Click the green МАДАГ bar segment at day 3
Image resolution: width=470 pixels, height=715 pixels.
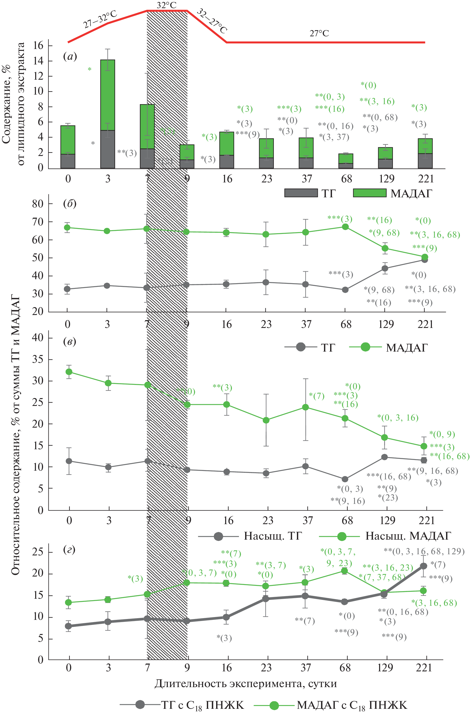click(108, 95)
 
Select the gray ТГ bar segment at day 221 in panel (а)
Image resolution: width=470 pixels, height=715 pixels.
click(425, 161)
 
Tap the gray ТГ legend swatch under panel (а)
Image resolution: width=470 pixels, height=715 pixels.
click(301, 193)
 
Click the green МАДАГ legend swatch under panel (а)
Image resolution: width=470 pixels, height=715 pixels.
click(370, 193)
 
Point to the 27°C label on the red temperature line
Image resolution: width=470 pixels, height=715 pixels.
click(319, 33)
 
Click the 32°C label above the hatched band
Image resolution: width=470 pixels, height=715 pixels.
click(166, 5)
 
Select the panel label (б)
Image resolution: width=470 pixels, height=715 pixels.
click(70, 204)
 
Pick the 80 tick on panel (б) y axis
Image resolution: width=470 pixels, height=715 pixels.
click(38, 204)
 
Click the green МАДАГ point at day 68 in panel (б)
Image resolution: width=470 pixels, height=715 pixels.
click(345, 227)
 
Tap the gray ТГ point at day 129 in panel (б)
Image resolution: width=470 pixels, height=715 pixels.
click(385, 269)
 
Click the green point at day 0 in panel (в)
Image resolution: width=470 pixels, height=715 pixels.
click(69, 372)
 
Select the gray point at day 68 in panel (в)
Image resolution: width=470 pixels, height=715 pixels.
click(345, 479)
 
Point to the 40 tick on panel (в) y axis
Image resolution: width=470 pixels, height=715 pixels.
click(38, 338)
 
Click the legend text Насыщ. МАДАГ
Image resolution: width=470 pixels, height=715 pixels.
click(408, 536)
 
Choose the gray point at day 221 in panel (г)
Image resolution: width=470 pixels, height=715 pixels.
click(424, 566)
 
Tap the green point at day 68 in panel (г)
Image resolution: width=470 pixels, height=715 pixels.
click(344, 571)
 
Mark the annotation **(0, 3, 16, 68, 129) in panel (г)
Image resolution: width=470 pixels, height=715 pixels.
click(424, 551)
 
